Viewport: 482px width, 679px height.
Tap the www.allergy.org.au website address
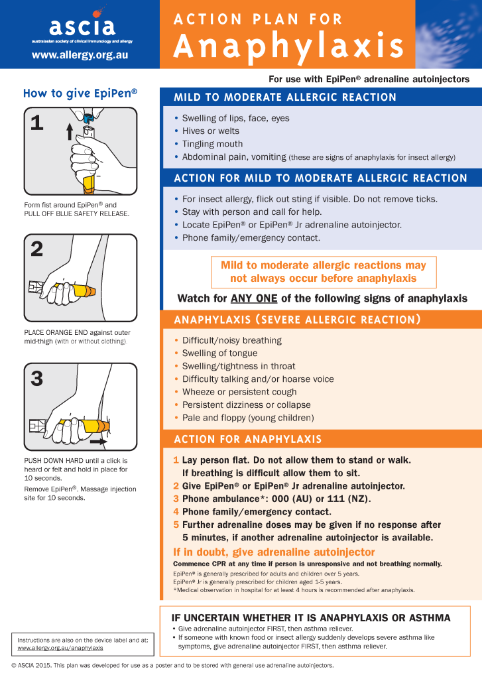80,55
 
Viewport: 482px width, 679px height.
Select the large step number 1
37,123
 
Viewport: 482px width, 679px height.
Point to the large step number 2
37,249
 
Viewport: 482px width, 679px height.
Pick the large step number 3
37,378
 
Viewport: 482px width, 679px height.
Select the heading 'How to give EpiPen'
80,93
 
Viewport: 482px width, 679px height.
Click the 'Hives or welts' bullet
211,131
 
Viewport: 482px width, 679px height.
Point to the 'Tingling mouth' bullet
212,144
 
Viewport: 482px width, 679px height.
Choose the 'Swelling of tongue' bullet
219,353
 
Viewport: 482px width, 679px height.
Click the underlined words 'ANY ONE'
254,298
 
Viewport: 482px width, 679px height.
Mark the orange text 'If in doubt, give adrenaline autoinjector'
274,552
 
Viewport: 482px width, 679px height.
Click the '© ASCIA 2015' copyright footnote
30,665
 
